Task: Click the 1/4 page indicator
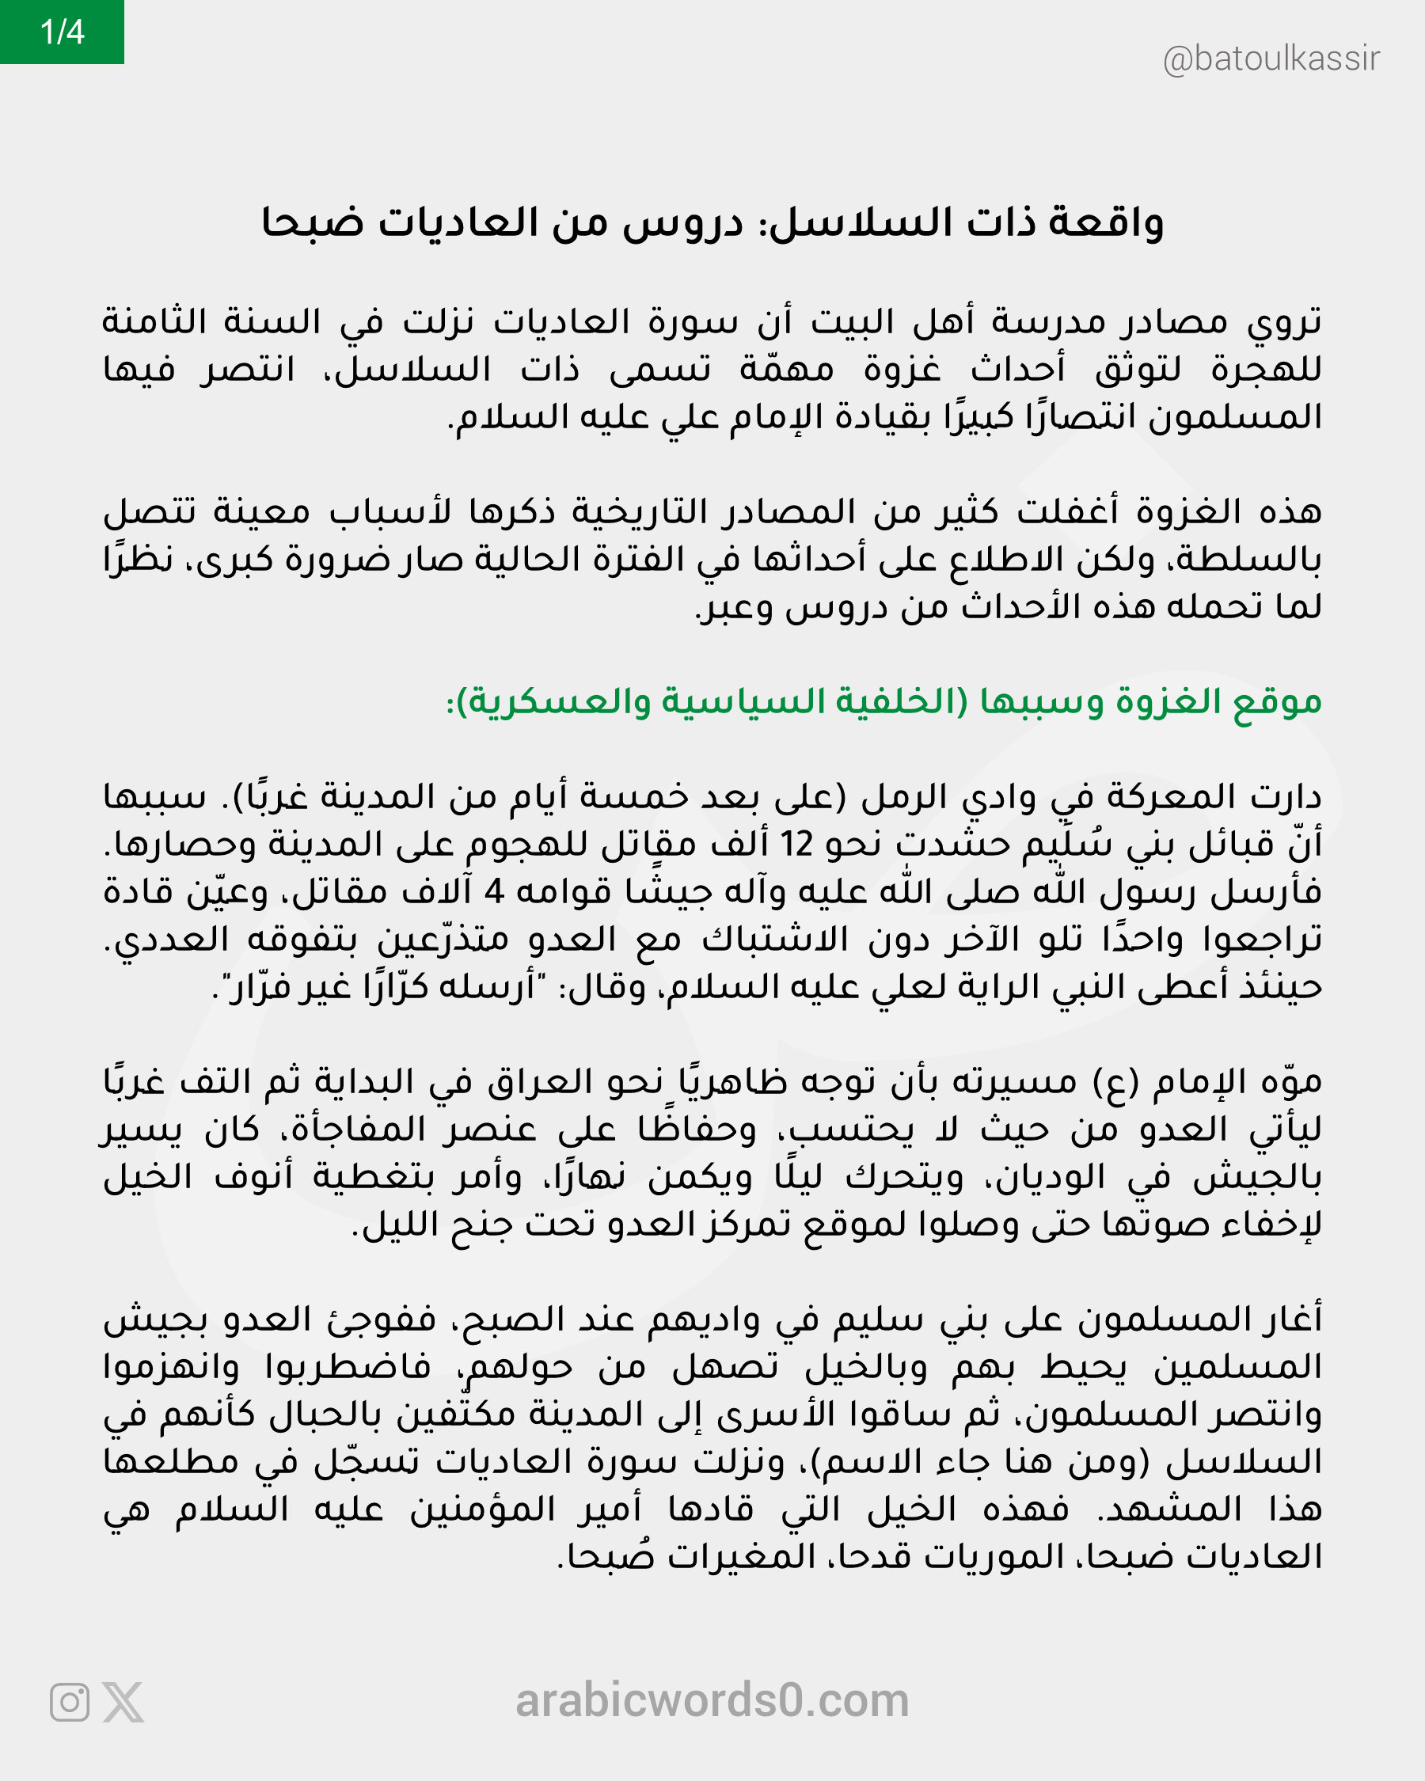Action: pyautogui.click(x=62, y=32)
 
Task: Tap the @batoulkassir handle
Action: pyautogui.click(x=1271, y=59)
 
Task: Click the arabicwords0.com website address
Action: pyautogui.click(x=712, y=1701)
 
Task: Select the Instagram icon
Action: pyautogui.click(x=70, y=1703)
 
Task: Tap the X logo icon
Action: pyautogui.click(x=123, y=1703)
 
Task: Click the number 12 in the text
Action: pyautogui.click(x=797, y=845)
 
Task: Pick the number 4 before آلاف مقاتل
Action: pyautogui.click(x=493, y=892)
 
